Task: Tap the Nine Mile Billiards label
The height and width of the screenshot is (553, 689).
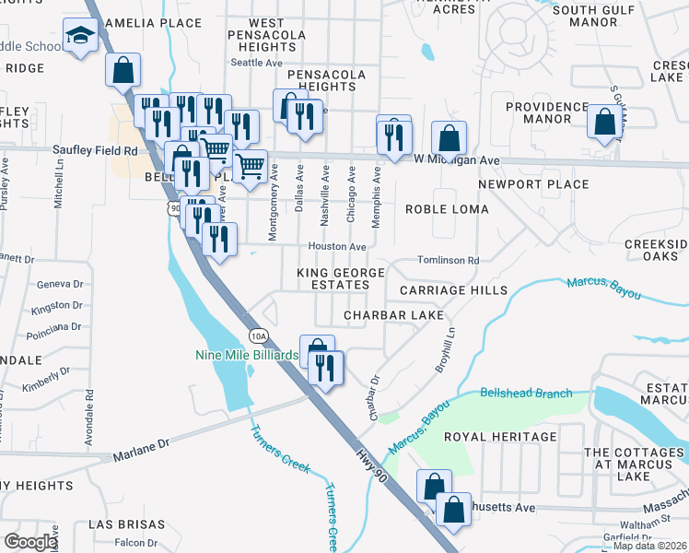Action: point(246,355)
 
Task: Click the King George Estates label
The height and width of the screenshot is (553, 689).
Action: point(332,279)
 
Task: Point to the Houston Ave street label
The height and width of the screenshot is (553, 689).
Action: point(337,247)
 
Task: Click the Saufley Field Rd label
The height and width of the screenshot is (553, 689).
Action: point(95,150)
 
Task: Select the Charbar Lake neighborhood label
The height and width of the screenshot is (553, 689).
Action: point(392,315)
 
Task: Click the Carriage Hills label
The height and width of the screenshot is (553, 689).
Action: point(453,290)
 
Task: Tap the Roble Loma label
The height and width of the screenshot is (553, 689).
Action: point(447,209)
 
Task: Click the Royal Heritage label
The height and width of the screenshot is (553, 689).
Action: point(500,437)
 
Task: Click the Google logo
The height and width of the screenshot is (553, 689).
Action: point(30,541)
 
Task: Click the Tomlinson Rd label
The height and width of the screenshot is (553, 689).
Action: point(449,261)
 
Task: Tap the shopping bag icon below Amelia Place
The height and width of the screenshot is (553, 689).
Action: point(123,68)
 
